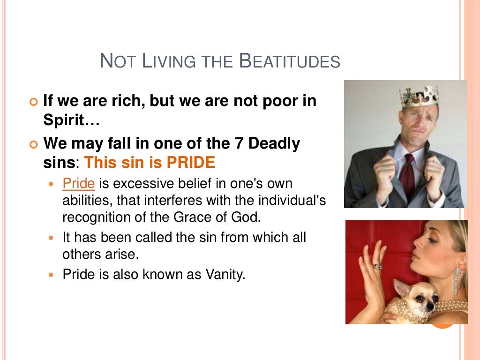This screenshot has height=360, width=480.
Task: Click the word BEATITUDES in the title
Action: (289, 61)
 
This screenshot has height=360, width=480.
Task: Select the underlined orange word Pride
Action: (79, 183)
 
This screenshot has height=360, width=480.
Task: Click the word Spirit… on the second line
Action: (71, 120)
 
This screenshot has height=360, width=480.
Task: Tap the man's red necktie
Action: (408, 176)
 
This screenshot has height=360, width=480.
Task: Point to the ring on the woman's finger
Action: (378, 266)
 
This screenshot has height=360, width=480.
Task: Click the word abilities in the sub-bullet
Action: (87, 201)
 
